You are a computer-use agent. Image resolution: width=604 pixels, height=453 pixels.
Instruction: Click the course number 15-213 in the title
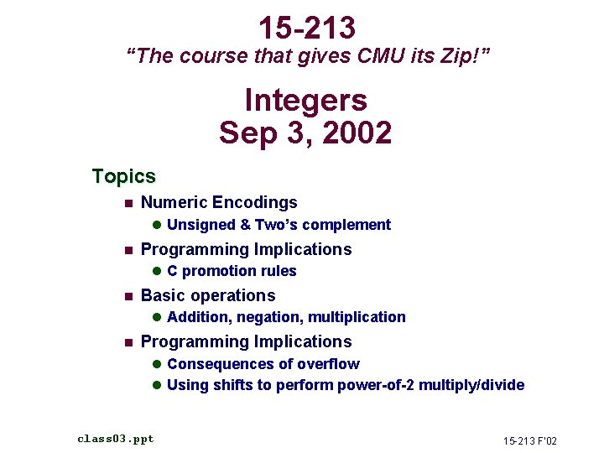coord(306,28)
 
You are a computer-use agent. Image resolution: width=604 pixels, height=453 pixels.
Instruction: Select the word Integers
coord(305,101)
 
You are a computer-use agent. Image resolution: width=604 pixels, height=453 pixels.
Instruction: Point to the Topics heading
coord(124,176)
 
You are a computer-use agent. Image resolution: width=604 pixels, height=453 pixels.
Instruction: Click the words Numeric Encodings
coord(219,202)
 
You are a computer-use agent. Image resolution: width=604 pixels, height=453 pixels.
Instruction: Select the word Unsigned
coord(201,225)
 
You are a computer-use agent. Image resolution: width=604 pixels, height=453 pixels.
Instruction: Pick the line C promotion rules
coord(232,271)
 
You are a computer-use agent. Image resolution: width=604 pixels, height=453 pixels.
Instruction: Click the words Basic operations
coord(208,295)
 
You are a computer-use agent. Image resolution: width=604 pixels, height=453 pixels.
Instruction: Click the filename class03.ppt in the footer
coord(116,439)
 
